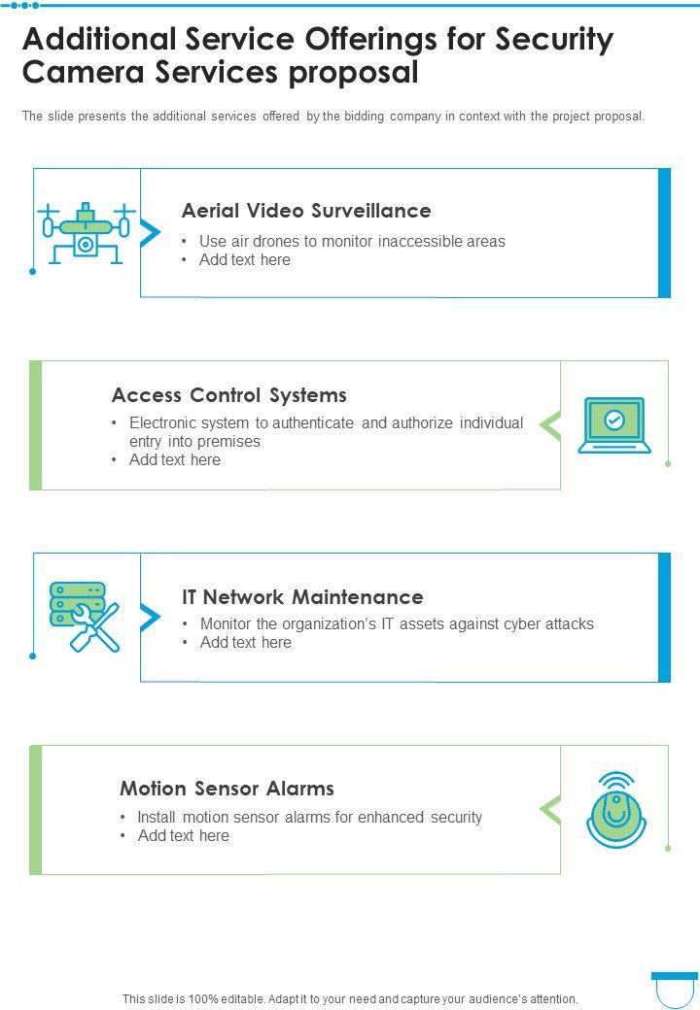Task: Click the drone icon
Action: click(85, 233)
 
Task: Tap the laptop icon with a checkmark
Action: click(613, 425)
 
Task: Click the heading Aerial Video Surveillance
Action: click(306, 211)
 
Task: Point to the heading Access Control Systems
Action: click(229, 395)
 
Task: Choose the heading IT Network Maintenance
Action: click(302, 597)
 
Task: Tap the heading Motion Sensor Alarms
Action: click(227, 789)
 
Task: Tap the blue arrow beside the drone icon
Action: click(151, 232)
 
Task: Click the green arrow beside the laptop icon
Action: click(550, 425)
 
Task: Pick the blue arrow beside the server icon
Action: click(151, 617)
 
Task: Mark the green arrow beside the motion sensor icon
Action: click(550, 809)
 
